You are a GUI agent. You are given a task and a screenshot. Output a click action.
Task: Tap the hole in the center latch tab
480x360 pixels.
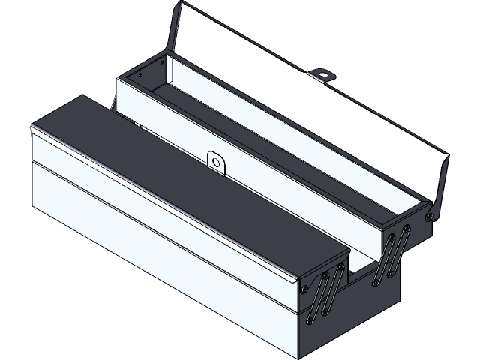215,160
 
